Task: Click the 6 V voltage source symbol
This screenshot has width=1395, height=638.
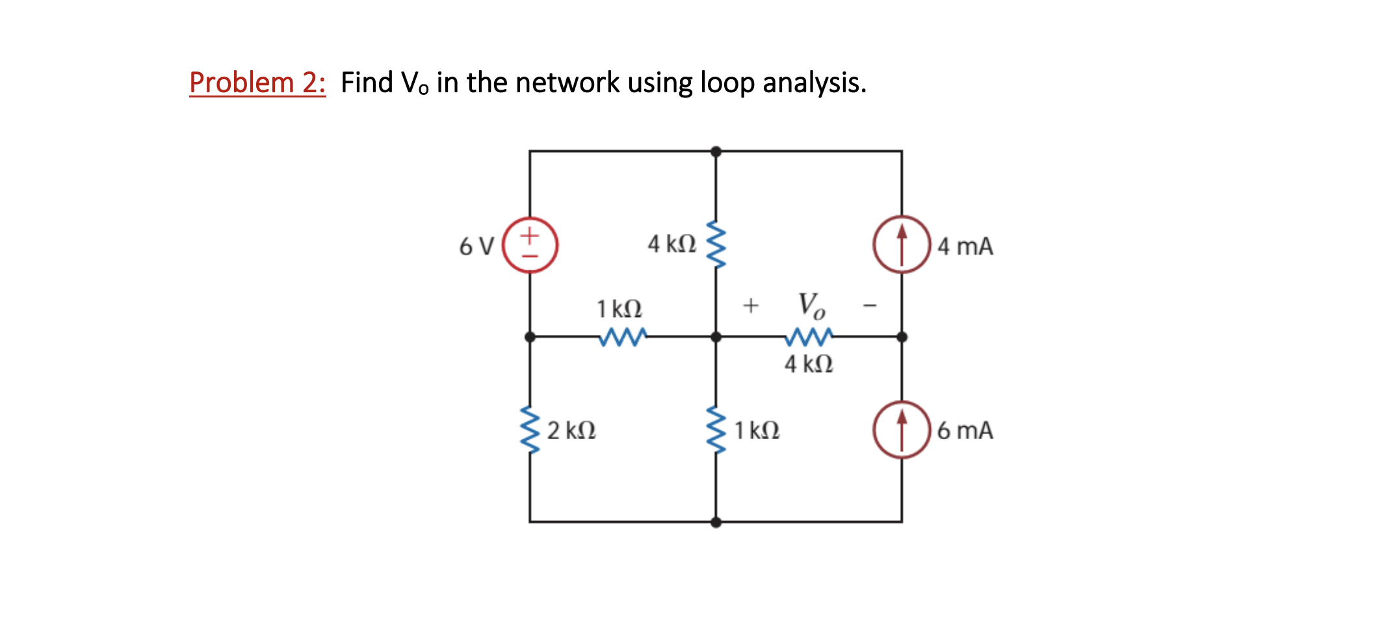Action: click(530, 245)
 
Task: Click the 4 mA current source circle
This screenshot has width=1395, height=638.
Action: click(902, 245)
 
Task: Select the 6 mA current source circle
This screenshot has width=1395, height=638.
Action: click(902, 430)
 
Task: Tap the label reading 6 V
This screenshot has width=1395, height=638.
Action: click(476, 246)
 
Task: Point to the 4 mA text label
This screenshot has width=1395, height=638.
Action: click(965, 246)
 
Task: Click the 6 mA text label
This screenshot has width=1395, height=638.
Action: click(965, 430)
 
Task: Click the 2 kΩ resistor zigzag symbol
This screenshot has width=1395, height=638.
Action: click(530, 431)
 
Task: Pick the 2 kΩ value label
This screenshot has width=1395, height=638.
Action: click(571, 430)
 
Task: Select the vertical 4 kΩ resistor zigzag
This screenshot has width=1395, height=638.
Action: click(716, 244)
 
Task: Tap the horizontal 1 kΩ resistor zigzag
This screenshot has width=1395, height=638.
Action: click(623, 337)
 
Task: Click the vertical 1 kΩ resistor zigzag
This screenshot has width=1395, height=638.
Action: click(716, 430)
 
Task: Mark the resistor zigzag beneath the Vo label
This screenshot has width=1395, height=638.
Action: click(809, 337)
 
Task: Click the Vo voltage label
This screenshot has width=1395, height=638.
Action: click(811, 305)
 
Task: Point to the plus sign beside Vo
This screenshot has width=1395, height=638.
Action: click(751, 305)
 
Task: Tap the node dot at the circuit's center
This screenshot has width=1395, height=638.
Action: click(716, 337)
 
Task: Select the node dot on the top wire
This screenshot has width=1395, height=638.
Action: click(716, 151)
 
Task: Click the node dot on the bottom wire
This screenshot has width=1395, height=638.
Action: click(716, 522)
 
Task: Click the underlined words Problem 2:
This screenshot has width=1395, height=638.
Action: click(257, 83)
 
